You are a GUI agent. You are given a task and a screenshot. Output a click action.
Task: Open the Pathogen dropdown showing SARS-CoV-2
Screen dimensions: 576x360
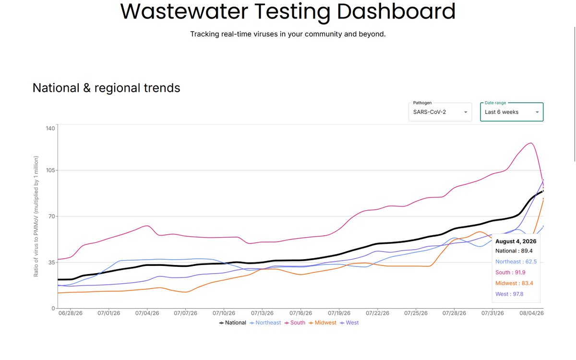tap(440, 112)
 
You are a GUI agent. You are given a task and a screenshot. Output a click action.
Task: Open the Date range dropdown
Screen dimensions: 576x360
tap(512, 112)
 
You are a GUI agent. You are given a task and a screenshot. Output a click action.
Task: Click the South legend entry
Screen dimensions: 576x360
tap(295, 323)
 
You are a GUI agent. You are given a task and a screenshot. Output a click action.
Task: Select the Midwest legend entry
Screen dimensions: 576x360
tap(323, 323)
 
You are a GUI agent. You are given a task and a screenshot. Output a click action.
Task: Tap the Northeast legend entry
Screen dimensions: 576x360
tap(265, 323)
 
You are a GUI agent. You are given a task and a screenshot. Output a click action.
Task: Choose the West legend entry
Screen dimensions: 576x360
tap(349, 323)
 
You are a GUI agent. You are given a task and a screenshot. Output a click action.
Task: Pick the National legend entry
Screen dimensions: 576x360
tap(232, 323)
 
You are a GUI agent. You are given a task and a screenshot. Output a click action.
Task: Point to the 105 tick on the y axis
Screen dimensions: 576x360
tap(50, 170)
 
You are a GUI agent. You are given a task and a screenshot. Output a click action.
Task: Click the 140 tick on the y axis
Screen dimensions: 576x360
tap(50, 128)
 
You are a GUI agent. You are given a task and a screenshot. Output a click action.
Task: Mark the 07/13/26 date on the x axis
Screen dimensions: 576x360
tap(262, 313)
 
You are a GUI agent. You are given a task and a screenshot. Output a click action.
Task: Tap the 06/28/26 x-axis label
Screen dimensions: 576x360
tap(71, 313)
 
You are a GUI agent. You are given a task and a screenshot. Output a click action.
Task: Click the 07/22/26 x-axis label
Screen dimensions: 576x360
tap(377, 313)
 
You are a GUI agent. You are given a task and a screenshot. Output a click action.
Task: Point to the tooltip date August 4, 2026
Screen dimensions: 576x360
tap(516, 241)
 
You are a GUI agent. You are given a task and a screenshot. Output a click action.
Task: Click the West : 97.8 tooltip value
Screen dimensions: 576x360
tap(509, 294)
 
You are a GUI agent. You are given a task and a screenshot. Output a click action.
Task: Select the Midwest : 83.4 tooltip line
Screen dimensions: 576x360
tap(514, 283)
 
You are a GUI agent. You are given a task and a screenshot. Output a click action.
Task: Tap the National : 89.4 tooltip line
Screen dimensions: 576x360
tap(514, 251)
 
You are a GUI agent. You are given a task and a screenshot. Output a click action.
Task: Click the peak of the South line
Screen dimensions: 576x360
tap(531, 143)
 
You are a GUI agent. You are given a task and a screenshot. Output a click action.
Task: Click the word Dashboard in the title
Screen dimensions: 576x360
tap(396, 12)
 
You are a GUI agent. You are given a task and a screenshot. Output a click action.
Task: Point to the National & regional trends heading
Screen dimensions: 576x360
tap(106, 88)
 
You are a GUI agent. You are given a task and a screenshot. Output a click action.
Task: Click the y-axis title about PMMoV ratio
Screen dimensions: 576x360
tap(36, 216)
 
